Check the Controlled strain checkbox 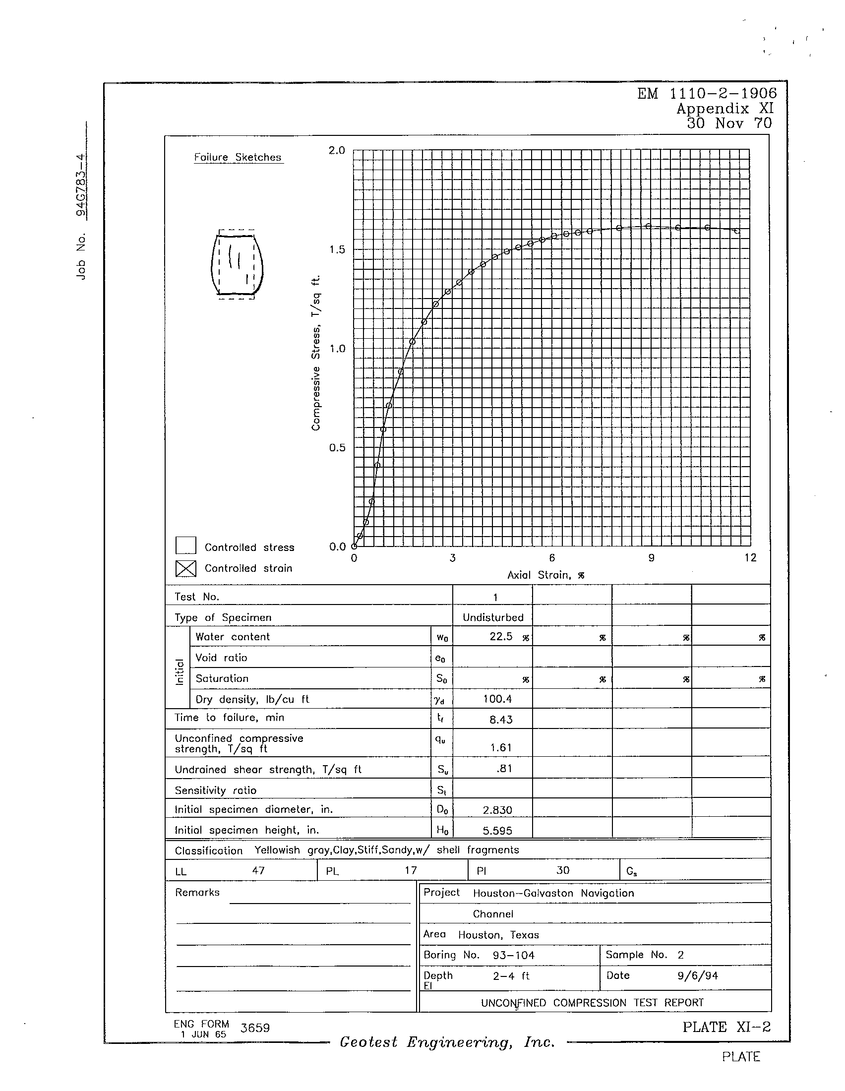(186, 568)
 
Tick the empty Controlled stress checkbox (186, 545)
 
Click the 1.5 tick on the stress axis (337, 250)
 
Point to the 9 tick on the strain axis (651, 558)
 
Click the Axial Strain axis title (545, 575)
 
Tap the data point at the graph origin (354, 546)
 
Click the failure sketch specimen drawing (237, 264)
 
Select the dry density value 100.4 (497, 699)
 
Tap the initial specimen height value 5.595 (497, 830)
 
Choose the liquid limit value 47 (258, 870)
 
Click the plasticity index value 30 (563, 870)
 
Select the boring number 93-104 (513, 955)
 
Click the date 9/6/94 (698, 975)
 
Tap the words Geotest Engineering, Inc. (447, 1042)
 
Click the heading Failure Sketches (238, 157)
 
